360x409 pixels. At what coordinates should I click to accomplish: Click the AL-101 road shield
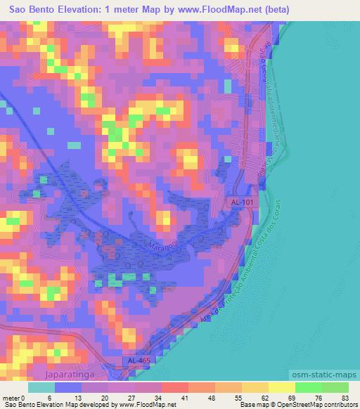243,202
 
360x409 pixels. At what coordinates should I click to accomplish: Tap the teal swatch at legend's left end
41,387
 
